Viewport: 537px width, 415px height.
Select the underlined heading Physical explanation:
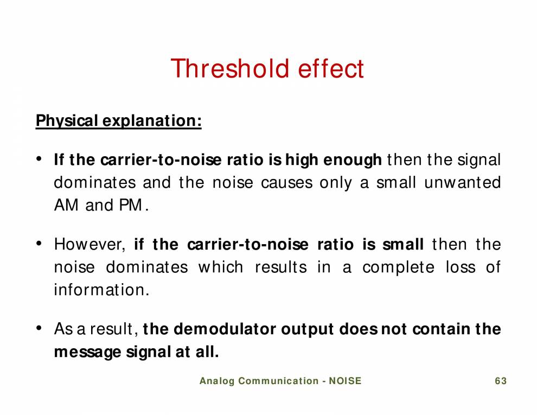point(118,120)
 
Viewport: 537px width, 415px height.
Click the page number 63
point(501,381)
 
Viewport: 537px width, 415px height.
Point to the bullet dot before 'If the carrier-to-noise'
point(40,159)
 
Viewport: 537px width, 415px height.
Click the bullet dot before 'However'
point(40,244)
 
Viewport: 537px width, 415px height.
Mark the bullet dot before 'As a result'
point(40,328)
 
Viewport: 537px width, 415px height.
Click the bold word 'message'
point(87,353)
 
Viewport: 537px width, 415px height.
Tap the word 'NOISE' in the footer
point(345,381)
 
